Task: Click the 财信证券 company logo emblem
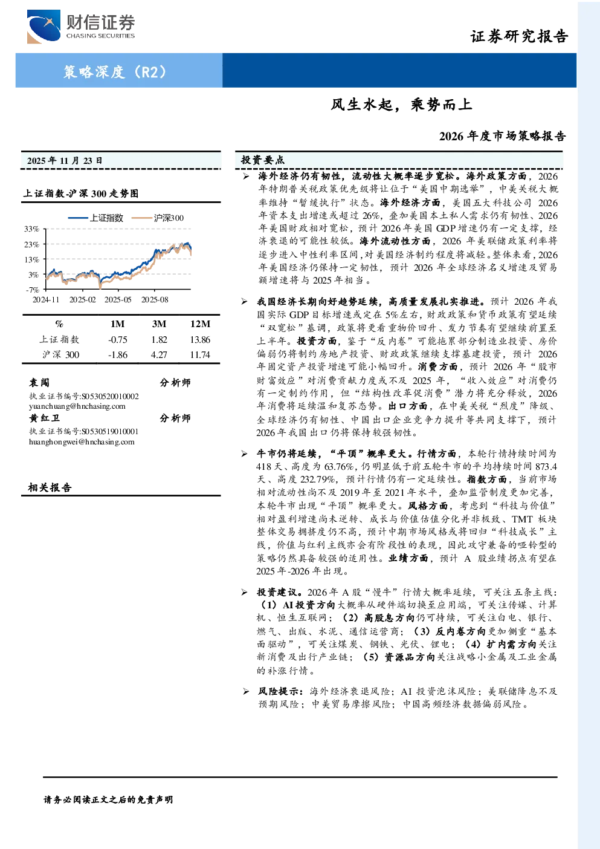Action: coord(44,26)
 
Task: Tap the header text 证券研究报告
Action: coord(519,36)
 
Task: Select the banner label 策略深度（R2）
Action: coord(115,71)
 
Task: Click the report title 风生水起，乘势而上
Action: coord(401,104)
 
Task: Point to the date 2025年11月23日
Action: coord(65,161)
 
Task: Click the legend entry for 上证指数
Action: coord(96,218)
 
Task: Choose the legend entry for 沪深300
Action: coord(158,218)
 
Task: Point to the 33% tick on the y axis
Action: coord(31,229)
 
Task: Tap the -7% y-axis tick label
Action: coord(33,290)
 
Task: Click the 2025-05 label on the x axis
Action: coord(118,300)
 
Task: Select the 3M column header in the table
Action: coord(159,324)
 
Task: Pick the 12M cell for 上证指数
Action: coord(200,340)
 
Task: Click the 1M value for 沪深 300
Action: coord(118,355)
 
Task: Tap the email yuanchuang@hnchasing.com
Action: coord(77,406)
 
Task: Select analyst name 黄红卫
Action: coord(44,418)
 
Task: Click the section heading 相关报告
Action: coord(50,487)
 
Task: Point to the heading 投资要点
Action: coord(262,160)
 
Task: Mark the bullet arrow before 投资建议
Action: coord(244,593)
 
